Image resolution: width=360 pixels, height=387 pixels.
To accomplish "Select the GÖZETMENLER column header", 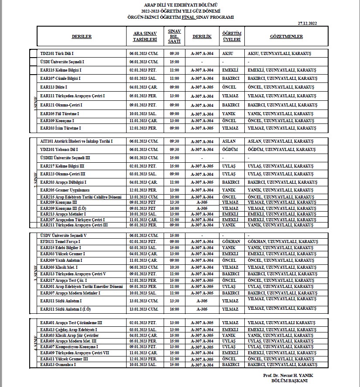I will click(286, 37).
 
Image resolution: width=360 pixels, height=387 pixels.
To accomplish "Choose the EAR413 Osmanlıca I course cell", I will click(58, 364).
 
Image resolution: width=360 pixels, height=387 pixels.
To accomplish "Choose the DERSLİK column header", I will click(202, 37).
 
